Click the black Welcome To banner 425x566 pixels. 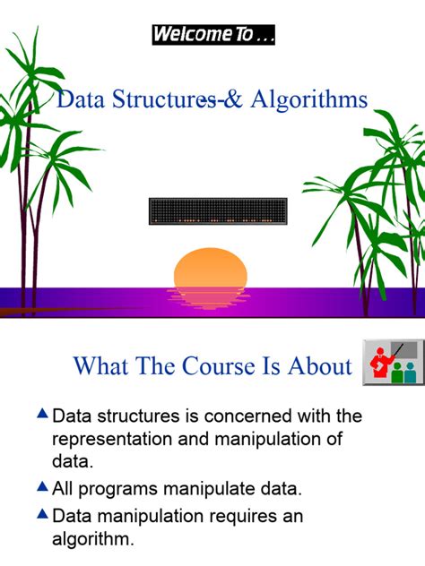[x=213, y=35]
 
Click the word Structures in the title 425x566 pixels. [x=164, y=99]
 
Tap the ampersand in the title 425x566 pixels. [x=233, y=99]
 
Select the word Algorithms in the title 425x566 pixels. [x=309, y=99]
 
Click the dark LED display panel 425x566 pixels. [x=218, y=211]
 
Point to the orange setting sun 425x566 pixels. [x=211, y=268]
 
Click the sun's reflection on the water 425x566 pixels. [x=208, y=298]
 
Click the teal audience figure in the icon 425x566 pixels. [x=410, y=373]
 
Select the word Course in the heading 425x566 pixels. [x=219, y=366]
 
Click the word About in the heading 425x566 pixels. [x=319, y=366]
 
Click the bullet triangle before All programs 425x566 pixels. [x=42, y=486]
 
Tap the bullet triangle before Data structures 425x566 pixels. [x=42, y=414]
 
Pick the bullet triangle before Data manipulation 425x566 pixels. [x=42, y=514]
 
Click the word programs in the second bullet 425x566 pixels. [x=117, y=490]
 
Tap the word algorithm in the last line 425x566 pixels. [x=91, y=540]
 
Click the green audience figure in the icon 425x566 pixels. [x=397, y=373]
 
